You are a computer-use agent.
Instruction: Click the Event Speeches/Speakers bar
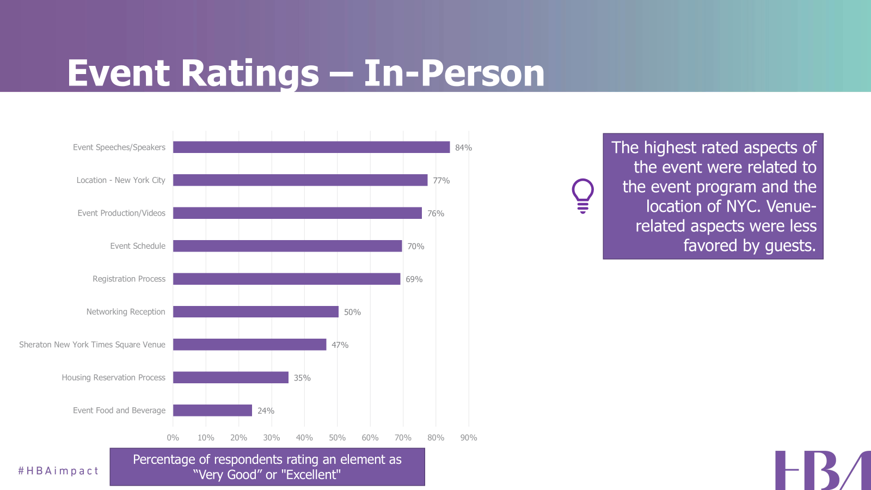pyautogui.click(x=311, y=147)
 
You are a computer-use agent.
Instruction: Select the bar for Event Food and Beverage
pyautogui.click(x=212, y=411)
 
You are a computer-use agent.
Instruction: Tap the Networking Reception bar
pyautogui.click(x=256, y=311)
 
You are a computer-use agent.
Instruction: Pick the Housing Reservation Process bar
pyautogui.click(x=231, y=377)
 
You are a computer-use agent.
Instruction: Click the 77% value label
pyautogui.click(x=441, y=181)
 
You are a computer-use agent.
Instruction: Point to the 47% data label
pyautogui.click(x=340, y=345)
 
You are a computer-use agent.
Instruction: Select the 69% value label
pyautogui.click(x=414, y=279)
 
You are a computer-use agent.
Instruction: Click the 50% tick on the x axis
pyautogui.click(x=337, y=438)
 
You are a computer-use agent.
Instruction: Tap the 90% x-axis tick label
pyautogui.click(x=468, y=438)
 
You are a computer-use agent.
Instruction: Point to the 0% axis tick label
pyautogui.click(x=173, y=438)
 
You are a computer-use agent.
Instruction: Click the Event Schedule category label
pyautogui.click(x=138, y=246)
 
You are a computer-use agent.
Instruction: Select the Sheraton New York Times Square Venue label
pyautogui.click(x=92, y=345)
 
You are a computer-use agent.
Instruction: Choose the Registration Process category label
pyautogui.click(x=129, y=279)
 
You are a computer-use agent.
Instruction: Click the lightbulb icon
pyautogui.click(x=582, y=196)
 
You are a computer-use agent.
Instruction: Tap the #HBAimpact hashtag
pyautogui.click(x=58, y=471)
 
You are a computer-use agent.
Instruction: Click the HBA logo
pyautogui.click(x=822, y=470)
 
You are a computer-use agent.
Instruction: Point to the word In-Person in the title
pyautogui.click(x=454, y=73)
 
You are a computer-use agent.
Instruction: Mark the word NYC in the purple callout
pyautogui.click(x=743, y=206)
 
